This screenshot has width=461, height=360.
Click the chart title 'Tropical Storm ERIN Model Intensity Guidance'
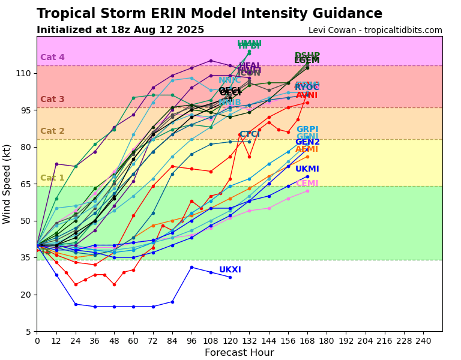point(209,14)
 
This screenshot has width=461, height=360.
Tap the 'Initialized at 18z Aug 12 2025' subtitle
point(120,30)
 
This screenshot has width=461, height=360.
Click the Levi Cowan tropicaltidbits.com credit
point(375,31)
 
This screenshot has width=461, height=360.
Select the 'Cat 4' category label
point(52,58)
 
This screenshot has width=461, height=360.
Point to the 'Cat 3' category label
point(52,100)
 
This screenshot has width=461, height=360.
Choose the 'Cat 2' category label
point(52,131)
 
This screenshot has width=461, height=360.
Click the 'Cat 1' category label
point(52,178)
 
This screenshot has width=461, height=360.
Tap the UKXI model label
point(230,270)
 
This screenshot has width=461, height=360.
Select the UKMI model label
point(307,169)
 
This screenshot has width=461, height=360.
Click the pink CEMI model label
point(307,184)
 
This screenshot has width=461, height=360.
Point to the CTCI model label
point(250,134)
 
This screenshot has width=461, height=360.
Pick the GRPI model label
point(307,130)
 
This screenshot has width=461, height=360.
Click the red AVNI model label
point(307,95)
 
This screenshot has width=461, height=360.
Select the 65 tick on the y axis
point(26,184)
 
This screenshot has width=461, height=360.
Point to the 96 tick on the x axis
point(191,340)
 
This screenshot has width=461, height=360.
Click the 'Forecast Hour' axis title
point(239,353)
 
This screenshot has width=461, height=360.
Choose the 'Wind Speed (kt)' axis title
point(7,184)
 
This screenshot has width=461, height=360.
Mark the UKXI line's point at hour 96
point(191,267)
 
